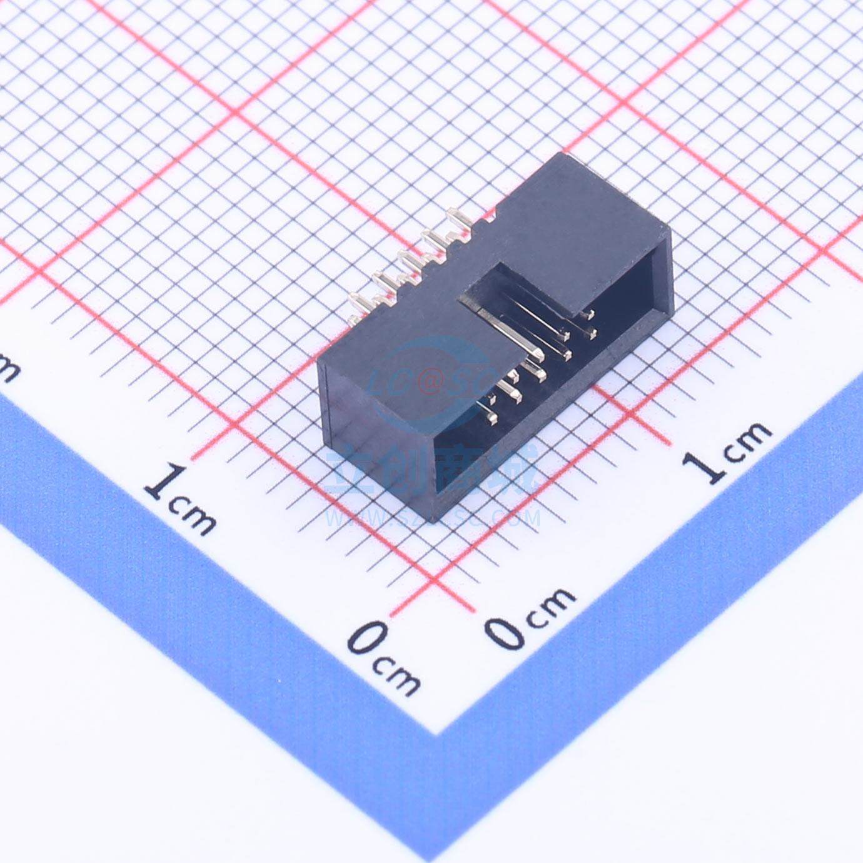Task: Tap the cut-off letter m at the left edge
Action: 8,369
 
